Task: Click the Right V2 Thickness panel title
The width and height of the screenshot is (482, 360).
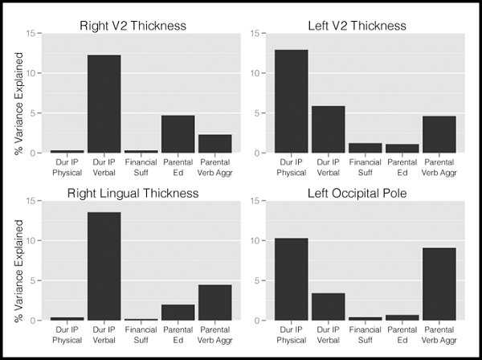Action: tap(133, 26)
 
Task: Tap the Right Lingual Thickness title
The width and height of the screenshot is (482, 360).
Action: tap(133, 193)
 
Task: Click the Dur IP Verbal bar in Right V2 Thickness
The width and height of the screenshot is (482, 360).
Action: tap(104, 104)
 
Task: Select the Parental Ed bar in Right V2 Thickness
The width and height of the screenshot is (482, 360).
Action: tap(178, 134)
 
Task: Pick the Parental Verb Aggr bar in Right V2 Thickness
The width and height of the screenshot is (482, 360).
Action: tap(214, 144)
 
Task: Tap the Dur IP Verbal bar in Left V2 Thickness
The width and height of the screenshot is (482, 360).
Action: tap(328, 129)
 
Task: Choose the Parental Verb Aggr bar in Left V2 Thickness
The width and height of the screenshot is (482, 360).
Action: tap(439, 134)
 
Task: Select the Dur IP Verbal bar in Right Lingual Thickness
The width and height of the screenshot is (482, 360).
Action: tap(104, 266)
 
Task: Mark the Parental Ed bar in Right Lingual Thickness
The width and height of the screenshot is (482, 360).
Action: tap(178, 313)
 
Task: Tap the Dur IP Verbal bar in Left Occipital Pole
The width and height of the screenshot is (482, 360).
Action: tap(328, 307)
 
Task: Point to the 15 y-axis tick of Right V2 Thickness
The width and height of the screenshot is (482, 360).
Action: tap(30, 33)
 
